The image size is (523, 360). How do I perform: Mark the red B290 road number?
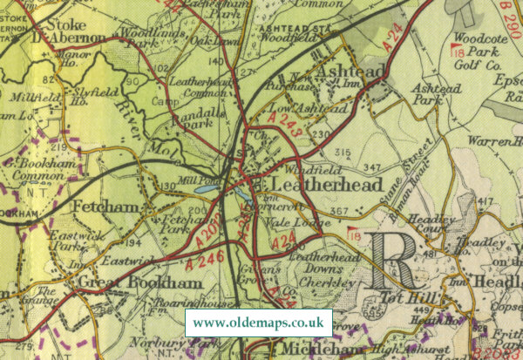click(x=511, y=15)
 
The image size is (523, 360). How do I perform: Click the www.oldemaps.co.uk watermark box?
click(x=258, y=323)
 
